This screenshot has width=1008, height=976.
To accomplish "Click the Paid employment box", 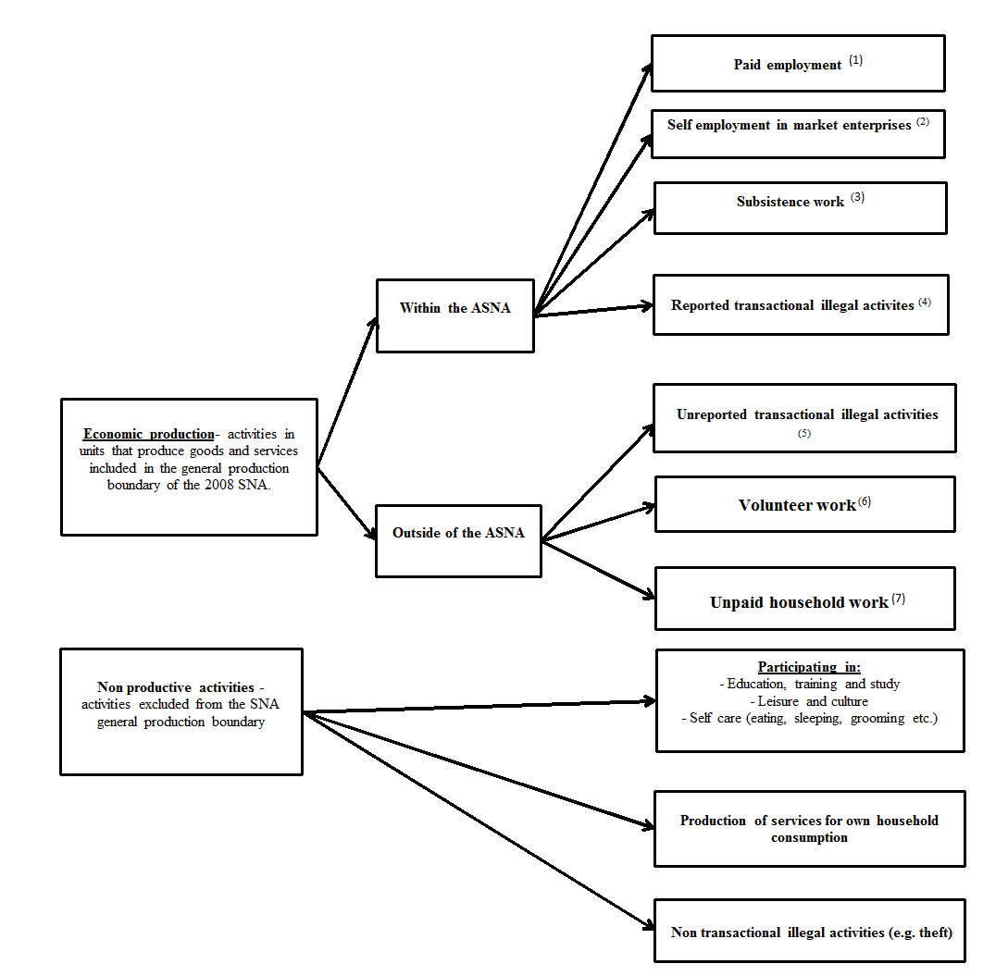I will coord(797,64).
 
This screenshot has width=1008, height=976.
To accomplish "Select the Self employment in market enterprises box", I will coord(797,134).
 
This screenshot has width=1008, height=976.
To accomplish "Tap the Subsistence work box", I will coord(800,208).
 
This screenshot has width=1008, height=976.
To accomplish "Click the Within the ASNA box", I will coord(454,315).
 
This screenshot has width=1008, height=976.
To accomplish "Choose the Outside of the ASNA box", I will coord(458,540).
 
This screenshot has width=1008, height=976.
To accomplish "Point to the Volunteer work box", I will coord(804,504).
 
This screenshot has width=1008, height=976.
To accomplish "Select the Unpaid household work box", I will coord(804,599).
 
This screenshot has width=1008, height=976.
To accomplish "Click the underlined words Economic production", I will coord(148,434).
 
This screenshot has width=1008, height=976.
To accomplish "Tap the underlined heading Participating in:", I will coord(809,667).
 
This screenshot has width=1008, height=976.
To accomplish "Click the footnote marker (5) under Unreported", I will coord(803,433).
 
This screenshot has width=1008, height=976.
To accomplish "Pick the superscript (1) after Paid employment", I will coord(855,60).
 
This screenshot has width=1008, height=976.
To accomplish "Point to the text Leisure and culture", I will coord(809,701).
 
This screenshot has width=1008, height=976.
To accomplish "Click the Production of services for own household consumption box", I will coord(809,828).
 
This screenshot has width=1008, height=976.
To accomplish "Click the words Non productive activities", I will coord(175,687).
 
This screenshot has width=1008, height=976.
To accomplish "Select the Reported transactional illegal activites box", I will coord(800,304).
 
